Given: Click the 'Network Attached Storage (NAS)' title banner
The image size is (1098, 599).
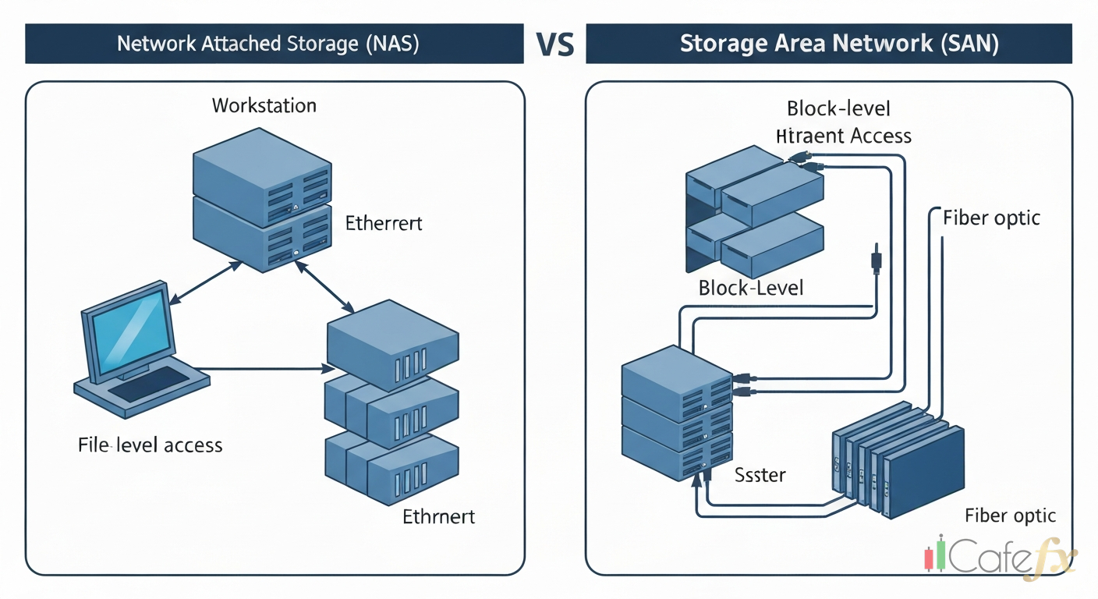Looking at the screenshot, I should [x=268, y=44].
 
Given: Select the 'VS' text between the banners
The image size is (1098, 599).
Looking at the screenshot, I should [x=554, y=46].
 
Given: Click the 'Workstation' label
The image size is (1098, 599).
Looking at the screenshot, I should [x=264, y=105].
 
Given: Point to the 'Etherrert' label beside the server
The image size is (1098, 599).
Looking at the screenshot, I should [x=383, y=224].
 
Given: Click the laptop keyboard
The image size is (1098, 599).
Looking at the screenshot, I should [x=148, y=384].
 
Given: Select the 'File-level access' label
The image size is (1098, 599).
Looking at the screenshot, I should [x=151, y=445].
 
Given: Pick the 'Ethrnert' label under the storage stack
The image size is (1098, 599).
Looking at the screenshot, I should [x=438, y=516].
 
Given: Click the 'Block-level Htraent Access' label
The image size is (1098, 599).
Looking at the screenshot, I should [x=842, y=122].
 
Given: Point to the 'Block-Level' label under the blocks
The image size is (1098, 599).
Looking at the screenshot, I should [x=750, y=288].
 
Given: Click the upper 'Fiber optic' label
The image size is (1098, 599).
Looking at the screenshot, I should [x=991, y=218].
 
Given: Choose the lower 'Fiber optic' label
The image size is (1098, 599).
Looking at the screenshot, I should [x=1009, y=516].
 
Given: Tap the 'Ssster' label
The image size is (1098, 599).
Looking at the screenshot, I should [x=760, y=473].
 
